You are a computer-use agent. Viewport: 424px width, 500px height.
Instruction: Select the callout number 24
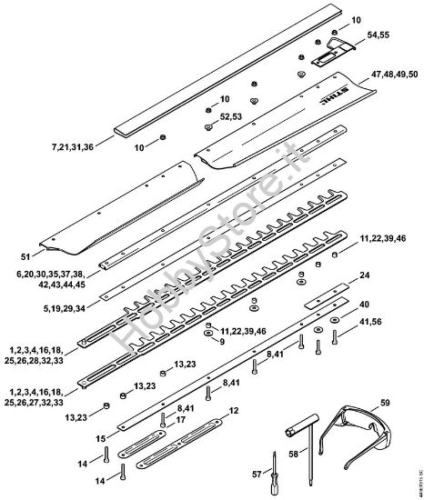point(364,275)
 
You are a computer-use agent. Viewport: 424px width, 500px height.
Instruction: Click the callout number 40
point(364,304)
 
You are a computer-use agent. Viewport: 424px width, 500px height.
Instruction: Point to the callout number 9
point(217,343)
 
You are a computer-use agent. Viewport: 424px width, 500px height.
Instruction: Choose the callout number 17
point(182,419)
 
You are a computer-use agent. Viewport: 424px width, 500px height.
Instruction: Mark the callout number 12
point(234,411)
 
